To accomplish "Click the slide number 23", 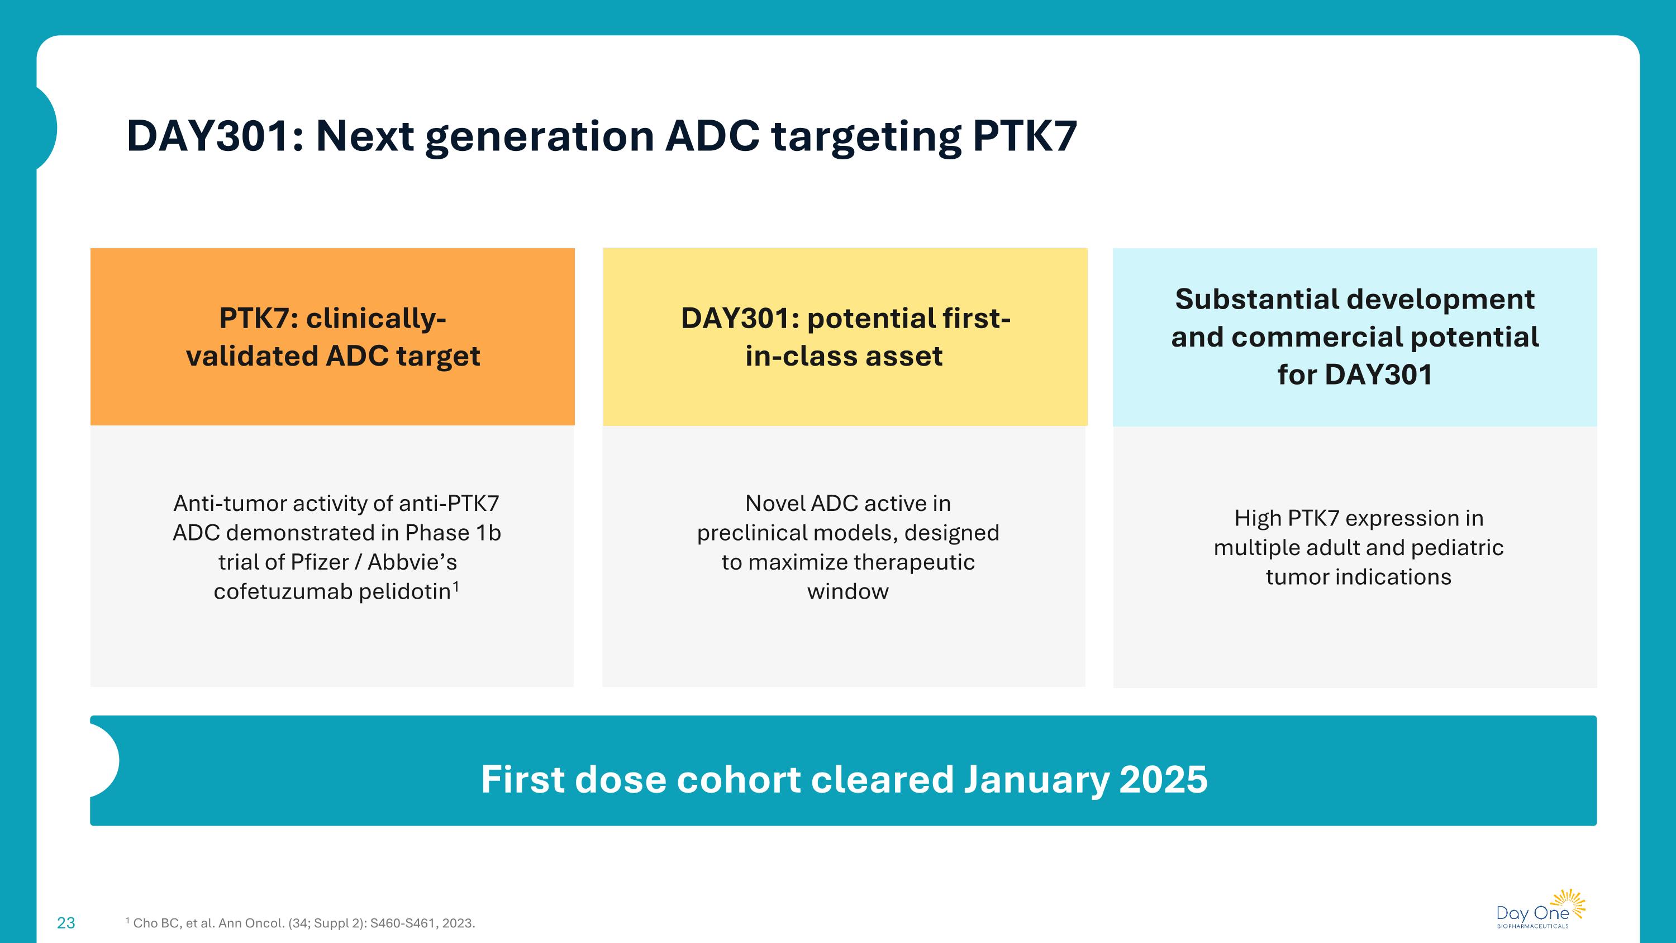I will pyautogui.click(x=66, y=923).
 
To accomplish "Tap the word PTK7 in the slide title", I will pyautogui.click(x=1024, y=136).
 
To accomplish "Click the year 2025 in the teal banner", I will pyautogui.click(x=1163, y=779).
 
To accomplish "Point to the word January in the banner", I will pyautogui.click(x=1036, y=779).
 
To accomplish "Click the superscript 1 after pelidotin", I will pyautogui.click(x=456, y=586).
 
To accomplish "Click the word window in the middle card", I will pyautogui.click(x=847, y=591).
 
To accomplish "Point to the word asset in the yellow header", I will pyautogui.click(x=910, y=356).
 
